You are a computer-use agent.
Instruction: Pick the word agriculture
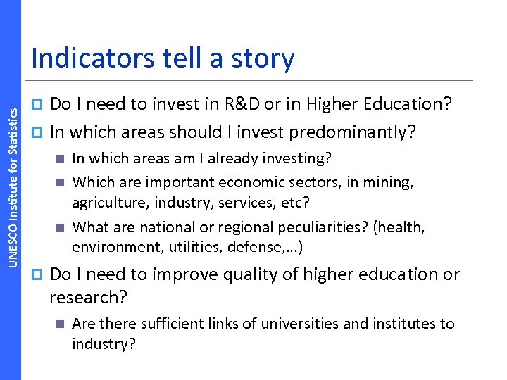click(x=107, y=203)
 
